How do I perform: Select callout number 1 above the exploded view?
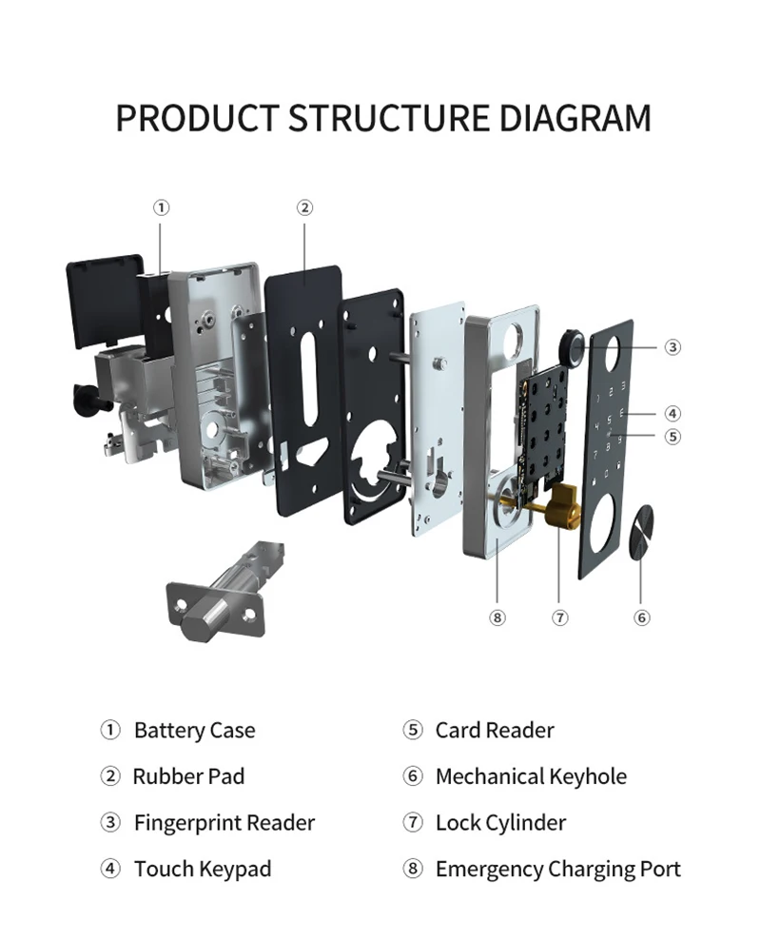pyautogui.click(x=162, y=207)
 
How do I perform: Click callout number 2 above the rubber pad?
pyautogui.click(x=304, y=207)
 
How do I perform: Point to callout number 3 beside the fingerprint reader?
pyautogui.click(x=673, y=347)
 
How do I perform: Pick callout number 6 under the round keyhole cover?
pyautogui.click(x=642, y=617)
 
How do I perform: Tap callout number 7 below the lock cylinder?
pyautogui.click(x=560, y=617)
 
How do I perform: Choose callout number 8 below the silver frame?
pyautogui.click(x=497, y=617)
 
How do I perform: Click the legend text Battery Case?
pyautogui.click(x=195, y=731)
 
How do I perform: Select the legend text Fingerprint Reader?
pyautogui.click(x=224, y=822)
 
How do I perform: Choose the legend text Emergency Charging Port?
pyautogui.click(x=558, y=869)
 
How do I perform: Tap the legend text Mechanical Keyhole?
pyautogui.click(x=531, y=776)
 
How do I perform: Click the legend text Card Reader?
pyautogui.click(x=495, y=731)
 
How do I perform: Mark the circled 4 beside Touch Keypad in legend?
pyautogui.click(x=110, y=869)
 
